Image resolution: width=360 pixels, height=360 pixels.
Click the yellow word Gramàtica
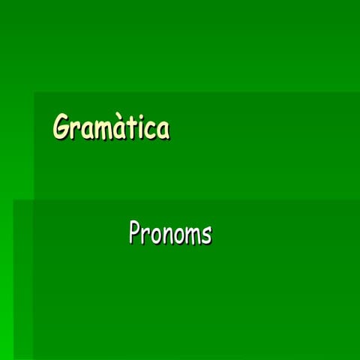point(110,127)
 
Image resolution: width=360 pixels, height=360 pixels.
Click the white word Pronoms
point(169,232)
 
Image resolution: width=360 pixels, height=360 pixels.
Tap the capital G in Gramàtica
point(61,127)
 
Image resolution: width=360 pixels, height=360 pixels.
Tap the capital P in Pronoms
point(135,232)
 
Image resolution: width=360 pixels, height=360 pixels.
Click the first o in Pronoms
point(155,235)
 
